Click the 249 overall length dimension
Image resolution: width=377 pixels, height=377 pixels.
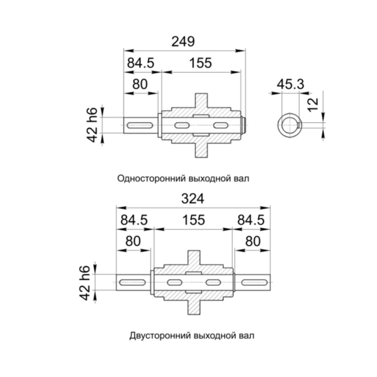[183, 42]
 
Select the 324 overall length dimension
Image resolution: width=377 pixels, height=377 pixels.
[193, 199]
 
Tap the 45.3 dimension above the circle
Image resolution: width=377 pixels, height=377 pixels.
[290, 84]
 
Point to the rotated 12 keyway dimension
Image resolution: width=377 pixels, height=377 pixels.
[313, 105]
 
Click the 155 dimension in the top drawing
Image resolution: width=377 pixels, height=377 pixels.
[200, 63]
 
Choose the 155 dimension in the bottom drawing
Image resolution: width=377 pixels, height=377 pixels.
[194, 220]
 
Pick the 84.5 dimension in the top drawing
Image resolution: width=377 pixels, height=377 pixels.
[141, 63]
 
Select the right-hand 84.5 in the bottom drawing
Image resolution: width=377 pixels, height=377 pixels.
[251, 220]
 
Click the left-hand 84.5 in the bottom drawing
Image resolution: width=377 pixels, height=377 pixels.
[134, 220]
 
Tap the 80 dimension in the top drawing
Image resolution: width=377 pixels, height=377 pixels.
[140, 84]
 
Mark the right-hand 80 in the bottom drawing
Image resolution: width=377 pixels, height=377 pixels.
[253, 241]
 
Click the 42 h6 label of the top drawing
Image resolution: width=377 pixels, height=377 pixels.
[92, 125]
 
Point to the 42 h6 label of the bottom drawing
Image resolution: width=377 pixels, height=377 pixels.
[85, 282]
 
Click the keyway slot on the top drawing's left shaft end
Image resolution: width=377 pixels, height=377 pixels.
[140, 125]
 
